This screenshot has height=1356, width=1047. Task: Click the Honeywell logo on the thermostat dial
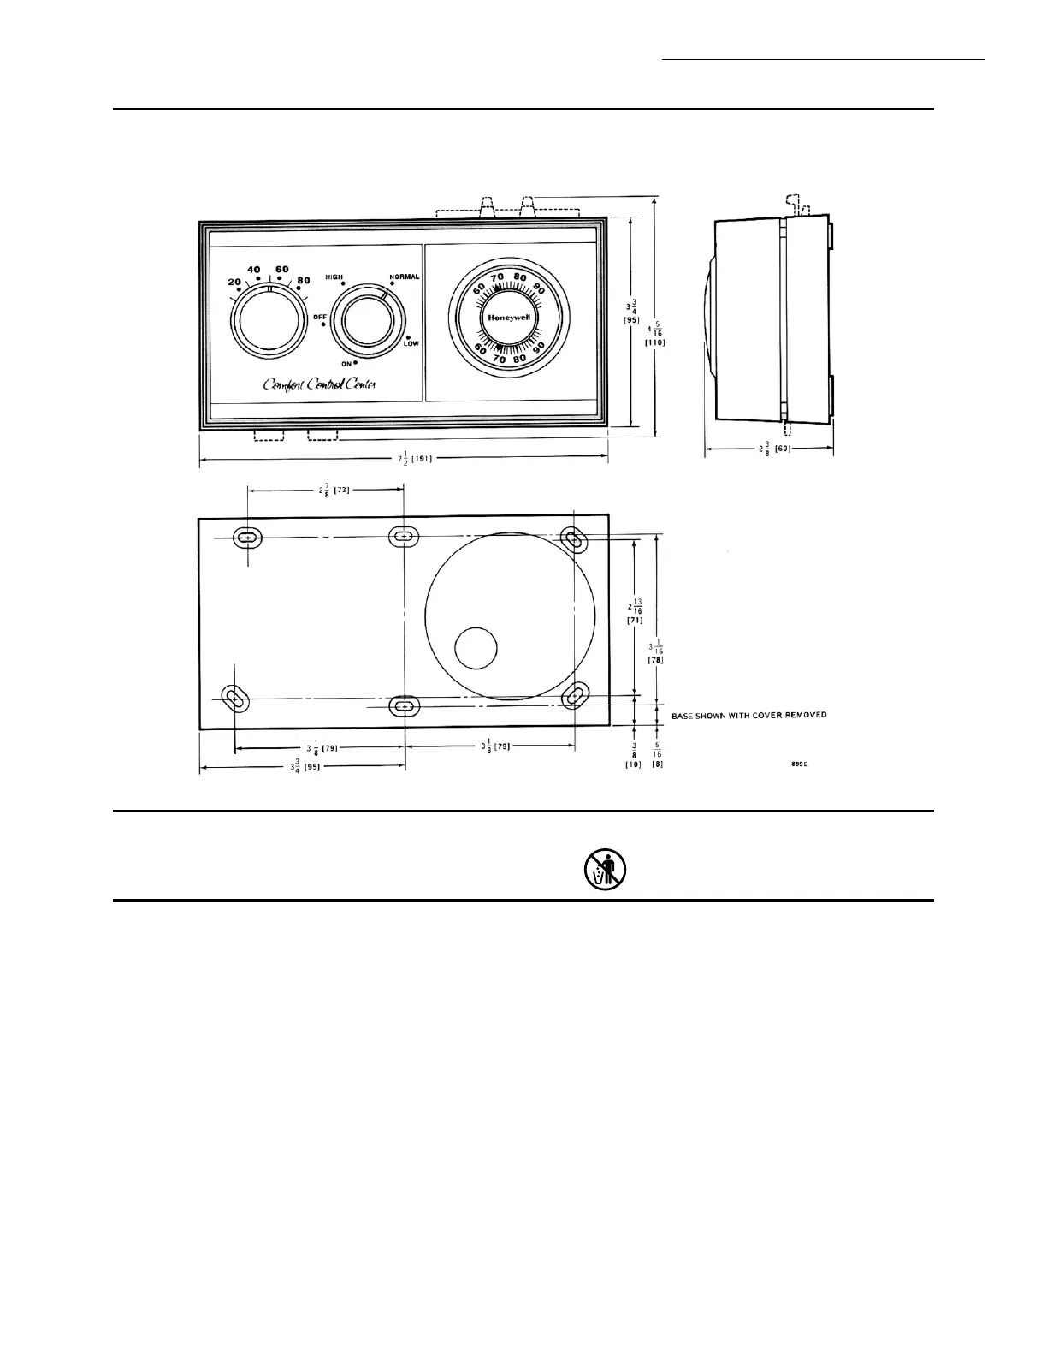[x=510, y=317]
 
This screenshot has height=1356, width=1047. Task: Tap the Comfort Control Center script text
[x=319, y=384]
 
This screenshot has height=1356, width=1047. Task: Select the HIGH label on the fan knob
[x=334, y=277]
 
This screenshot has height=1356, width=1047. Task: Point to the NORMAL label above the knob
[x=404, y=277]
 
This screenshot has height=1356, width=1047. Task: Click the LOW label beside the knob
[x=411, y=343]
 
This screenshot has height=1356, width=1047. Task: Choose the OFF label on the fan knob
[x=320, y=317]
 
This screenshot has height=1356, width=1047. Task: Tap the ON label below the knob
[x=347, y=364]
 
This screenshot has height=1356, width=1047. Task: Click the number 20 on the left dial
[x=234, y=282]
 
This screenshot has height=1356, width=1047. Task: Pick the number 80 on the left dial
[x=303, y=280]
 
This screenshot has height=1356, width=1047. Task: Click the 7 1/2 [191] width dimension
[x=415, y=459]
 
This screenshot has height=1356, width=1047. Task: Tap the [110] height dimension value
[x=655, y=342]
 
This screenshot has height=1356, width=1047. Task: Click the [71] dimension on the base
[x=635, y=620]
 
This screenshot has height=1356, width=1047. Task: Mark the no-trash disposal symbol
[x=606, y=869]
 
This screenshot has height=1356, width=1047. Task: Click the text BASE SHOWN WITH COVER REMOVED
[x=748, y=715]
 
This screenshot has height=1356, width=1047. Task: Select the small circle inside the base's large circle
[x=476, y=648]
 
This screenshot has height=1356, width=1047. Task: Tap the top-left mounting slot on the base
[x=248, y=538]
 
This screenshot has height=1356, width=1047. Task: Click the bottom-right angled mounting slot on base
[x=575, y=695]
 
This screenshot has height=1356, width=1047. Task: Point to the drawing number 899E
[x=800, y=764]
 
